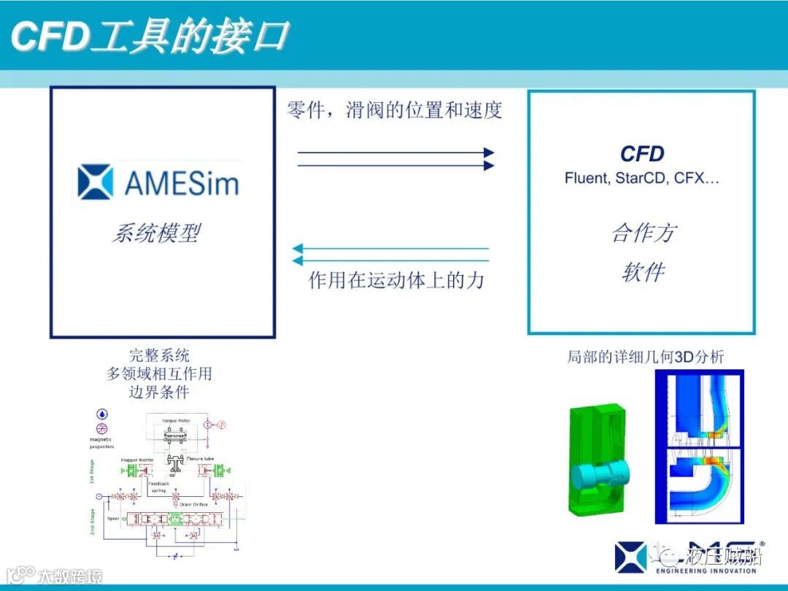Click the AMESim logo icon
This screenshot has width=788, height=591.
tap(96, 182)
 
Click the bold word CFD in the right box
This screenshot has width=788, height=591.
tap(642, 154)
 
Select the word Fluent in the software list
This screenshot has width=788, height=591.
tap(585, 178)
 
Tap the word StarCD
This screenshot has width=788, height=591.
tap(639, 178)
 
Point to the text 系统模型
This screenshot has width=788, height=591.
tap(156, 233)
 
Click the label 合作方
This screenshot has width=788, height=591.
tap(644, 233)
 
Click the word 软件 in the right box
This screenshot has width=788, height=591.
tap(644, 273)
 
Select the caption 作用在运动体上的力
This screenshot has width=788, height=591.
tap(396, 280)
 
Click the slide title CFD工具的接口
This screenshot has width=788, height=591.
tap(150, 36)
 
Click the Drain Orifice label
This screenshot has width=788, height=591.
tap(190, 504)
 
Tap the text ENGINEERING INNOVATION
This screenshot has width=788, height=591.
tap(706, 571)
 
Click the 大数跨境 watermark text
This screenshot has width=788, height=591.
tap(70, 576)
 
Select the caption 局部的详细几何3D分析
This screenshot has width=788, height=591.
tap(646, 357)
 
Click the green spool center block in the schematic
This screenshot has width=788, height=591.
tap(174, 519)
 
